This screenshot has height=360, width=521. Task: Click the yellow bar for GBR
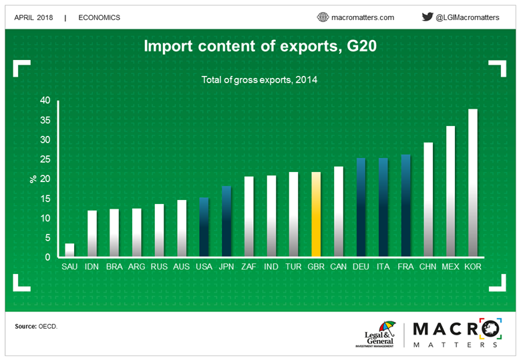[316, 215]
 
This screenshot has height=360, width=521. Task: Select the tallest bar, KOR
[473, 183]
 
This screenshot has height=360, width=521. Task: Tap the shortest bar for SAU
[69, 250]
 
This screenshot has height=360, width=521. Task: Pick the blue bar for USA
[204, 227]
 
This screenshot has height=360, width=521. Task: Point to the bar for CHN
[428, 200]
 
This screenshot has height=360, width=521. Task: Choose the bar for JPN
[226, 221]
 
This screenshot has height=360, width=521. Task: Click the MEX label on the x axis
[450, 267]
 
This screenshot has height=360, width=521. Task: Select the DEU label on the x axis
[361, 267]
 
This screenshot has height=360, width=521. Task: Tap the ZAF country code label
[249, 267]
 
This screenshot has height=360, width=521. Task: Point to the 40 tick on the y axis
[45, 101]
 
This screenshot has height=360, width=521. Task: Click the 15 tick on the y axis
[45, 199]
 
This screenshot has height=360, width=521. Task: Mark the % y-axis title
[31, 179]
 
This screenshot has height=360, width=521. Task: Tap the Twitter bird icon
[427, 17]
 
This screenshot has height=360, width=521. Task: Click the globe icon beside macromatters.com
[323, 17]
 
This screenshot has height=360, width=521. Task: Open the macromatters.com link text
[363, 17]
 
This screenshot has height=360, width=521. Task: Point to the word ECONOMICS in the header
[99, 17]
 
